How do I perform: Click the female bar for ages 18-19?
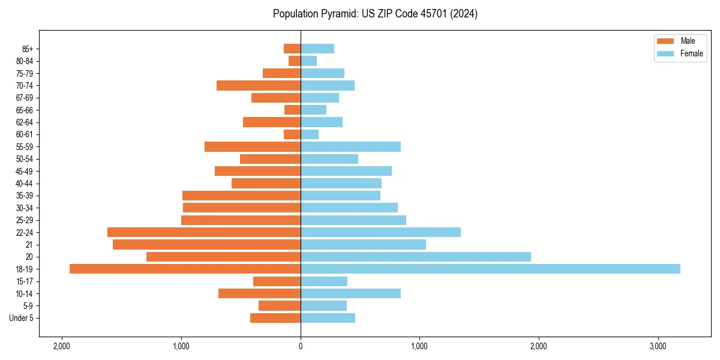tap(490, 269)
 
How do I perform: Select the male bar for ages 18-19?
tap(185, 269)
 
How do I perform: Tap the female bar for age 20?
tap(416, 257)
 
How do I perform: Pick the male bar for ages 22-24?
tap(204, 232)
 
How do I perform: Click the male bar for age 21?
tap(206, 244)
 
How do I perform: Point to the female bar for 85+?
tap(317, 49)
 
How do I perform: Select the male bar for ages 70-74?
tap(259, 85)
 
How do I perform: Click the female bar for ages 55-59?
tap(350, 146)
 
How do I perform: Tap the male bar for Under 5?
tap(275, 318)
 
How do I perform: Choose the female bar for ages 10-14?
tap(350, 293)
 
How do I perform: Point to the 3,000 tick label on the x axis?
tap(658, 346)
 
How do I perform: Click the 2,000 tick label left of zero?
tap(62, 346)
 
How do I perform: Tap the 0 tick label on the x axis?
tap(301, 346)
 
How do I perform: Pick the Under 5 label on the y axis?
tap(22, 318)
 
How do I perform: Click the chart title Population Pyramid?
tap(375, 14)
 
